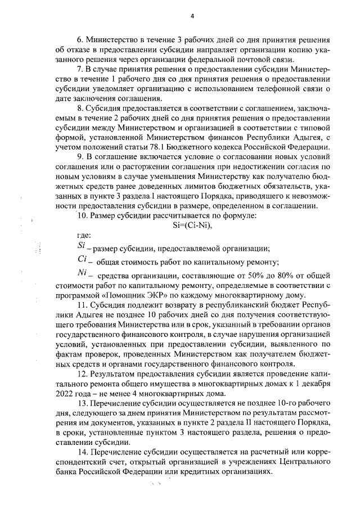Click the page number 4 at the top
[192, 16]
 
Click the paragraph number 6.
[80, 41]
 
